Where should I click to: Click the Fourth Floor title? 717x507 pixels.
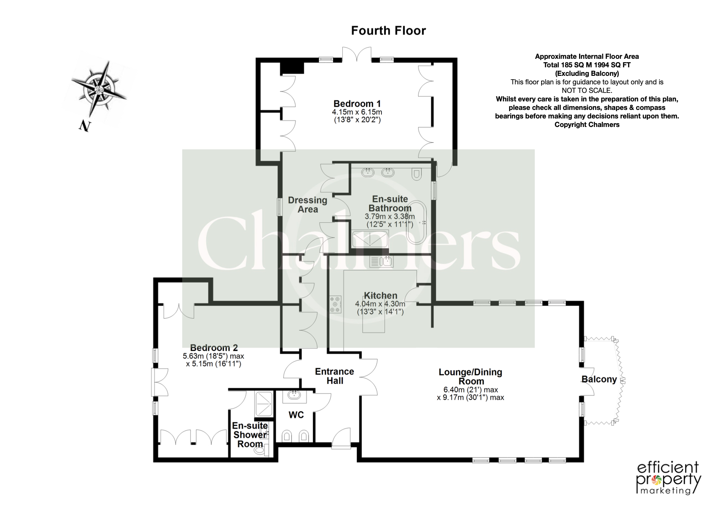[x=388, y=31]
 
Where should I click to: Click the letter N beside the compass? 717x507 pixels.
[x=85, y=126]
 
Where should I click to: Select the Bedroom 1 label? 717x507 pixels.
[x=357, y=104]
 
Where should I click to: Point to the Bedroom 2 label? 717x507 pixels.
[x=214, y=348]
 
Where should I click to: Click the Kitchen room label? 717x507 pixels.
[x=380, y=295]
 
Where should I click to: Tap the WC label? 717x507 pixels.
[x=296, y=415]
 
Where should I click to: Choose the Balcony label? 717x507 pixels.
[x=599, y=380]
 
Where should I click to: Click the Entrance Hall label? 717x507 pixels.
[x=335, y=376]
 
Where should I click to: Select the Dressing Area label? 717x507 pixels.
[x=307, y=205]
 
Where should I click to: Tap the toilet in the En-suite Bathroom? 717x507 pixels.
[x=416, y=173]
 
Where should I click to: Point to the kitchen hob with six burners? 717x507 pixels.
[x=336, y=304]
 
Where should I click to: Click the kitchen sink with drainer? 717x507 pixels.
[x=381, y=262]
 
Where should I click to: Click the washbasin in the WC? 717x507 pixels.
[x=294, y=396]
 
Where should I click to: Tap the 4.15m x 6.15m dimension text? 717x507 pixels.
[x=357, y=112]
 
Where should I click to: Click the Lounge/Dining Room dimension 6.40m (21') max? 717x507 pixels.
[x=470, y=390]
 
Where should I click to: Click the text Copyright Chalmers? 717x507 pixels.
[x=587, y=125]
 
